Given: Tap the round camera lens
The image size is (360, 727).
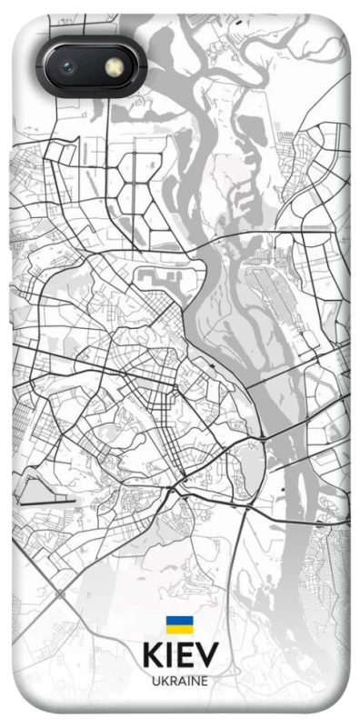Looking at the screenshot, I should coord(67,67).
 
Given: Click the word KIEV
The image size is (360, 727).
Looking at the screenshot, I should coord(180,657).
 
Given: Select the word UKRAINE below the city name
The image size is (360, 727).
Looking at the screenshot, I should coord(180,681).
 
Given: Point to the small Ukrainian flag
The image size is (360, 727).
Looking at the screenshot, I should coord(180,625).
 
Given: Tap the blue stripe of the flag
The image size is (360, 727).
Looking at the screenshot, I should coord(180,622).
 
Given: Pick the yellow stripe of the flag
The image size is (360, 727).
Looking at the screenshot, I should coord(180,629).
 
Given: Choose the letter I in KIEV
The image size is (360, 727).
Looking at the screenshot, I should coord(170,657).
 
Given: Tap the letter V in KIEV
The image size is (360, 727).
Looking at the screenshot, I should coord(206,657).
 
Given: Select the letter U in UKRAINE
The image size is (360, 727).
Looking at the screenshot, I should coord(155,681).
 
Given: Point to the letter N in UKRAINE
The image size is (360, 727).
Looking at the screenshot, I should coord(195,681).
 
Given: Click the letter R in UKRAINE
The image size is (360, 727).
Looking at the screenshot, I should coord(172,681).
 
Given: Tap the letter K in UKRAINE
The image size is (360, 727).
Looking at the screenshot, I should coord(163,681).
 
